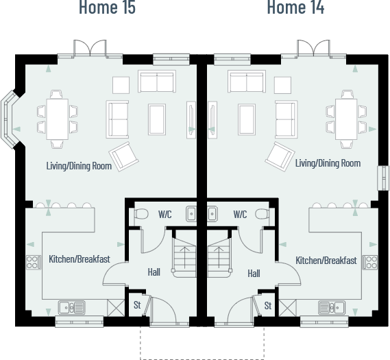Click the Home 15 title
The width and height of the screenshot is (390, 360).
(x=107, y=8)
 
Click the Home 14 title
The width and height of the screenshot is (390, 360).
(x=295, y=8)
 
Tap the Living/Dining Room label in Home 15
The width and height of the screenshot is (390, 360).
(x=78, y=165)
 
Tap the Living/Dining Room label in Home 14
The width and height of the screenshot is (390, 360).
(x=328, y=163)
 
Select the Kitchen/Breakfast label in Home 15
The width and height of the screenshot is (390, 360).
(x=80, y=259)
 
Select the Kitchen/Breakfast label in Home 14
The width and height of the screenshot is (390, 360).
(x=326, y=261)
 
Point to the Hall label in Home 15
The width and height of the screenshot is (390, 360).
(x=154, y=272)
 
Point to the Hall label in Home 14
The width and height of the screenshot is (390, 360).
(x=254, y=274)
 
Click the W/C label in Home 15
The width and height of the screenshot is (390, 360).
(x=164, y=214)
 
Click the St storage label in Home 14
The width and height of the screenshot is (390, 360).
(x=268, y=305)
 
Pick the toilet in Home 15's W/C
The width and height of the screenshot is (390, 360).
(x=141, y=215)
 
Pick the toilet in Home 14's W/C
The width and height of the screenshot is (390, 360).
(x=264, y=215)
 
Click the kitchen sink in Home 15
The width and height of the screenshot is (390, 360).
(x=71, y=307)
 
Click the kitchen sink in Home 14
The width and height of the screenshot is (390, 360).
(x=331, y=307)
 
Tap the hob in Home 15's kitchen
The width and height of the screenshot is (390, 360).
(x=32, y=261)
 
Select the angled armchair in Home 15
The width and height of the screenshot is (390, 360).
(x=125, y=156)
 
